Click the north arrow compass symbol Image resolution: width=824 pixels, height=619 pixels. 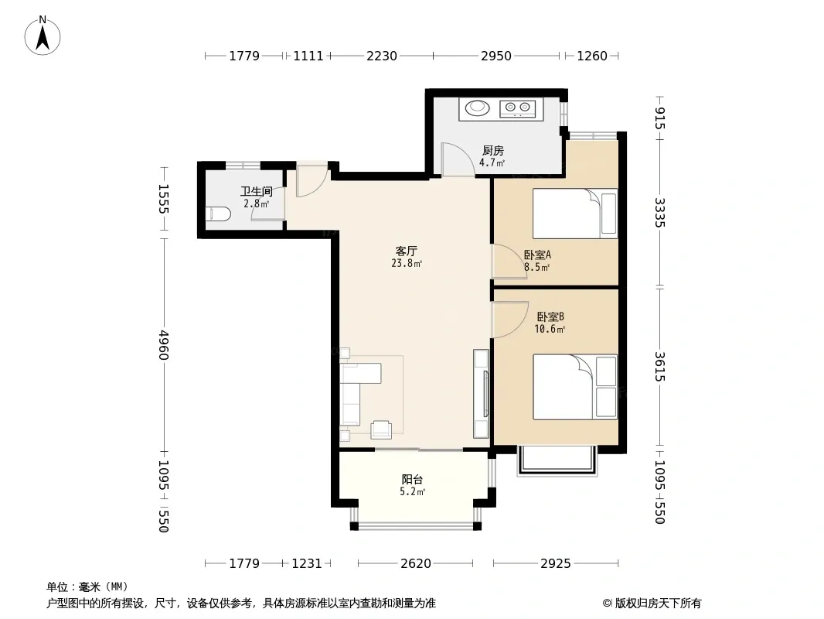click(x=43, y=36)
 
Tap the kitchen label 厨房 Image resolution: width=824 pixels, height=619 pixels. click(x=493, y=151)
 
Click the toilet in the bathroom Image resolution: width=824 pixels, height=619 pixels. click(x=217, y=214)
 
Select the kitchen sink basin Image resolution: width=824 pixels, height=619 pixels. click(x=478, y=108)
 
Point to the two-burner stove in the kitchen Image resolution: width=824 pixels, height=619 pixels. click(x=517, y=108)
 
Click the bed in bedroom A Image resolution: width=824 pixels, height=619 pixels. click(x=575, y=214)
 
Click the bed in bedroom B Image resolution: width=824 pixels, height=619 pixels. click(x=575, y=387)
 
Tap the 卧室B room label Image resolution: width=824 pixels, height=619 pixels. click(x=550, y=317)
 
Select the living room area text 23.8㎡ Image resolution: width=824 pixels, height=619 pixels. click(x=407, y=264)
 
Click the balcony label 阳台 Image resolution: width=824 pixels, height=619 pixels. click(x=412, y=479)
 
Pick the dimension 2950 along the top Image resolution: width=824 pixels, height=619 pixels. click(x=496, y=56)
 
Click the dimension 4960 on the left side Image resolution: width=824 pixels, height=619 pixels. click(x=163, y=345)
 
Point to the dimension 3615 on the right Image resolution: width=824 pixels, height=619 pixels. click(x=660, y=367)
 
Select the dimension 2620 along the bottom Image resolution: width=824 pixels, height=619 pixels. click(x=416, y=563)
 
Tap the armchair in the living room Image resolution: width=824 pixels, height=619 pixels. click(x=381, y=429)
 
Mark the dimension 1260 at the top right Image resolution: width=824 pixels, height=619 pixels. click(x=592, y=56)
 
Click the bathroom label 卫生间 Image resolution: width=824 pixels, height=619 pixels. click(x=257, y=191)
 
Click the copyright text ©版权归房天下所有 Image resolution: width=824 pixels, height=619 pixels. click(x=652, y=604)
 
